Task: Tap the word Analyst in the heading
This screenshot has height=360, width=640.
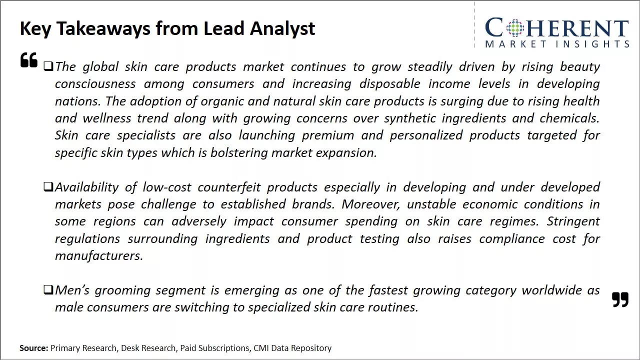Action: (282, 29)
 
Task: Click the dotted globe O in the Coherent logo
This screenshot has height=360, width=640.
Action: (515, 27)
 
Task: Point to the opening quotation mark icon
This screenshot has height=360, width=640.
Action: (29, 59)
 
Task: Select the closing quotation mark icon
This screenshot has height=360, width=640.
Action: (620, 299)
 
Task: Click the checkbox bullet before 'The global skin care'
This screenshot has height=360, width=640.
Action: (48, 66)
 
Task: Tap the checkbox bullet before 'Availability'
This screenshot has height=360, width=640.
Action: (48, 187)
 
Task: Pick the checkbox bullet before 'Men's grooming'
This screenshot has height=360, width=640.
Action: (48, 289)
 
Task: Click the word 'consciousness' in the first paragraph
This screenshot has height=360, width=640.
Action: (95, 84)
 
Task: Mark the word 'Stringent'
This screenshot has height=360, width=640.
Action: (573, 221)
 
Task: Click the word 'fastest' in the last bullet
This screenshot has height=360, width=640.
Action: (388, 290)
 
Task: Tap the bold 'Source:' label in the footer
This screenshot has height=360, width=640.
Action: (33, 348)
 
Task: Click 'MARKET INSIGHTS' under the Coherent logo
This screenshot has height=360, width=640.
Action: (557, 44)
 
